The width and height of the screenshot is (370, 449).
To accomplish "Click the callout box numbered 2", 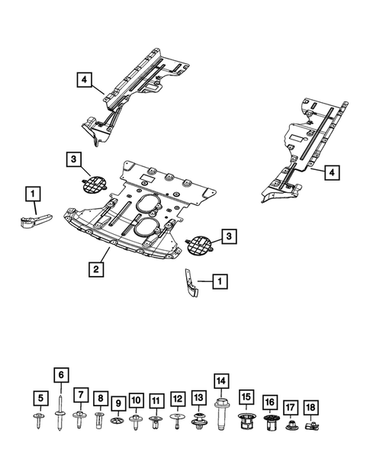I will pos(97,268).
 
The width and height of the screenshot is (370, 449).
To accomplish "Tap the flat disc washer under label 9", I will pos(117,422).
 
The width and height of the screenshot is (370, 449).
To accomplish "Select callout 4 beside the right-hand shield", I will pos(330,174).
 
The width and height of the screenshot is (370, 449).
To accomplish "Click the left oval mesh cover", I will pos(93,183).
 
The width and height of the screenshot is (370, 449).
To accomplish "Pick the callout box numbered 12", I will pos(177,399).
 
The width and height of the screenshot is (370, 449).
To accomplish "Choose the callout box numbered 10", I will pos(136,400).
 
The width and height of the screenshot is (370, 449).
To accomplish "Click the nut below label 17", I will pos(291,424).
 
